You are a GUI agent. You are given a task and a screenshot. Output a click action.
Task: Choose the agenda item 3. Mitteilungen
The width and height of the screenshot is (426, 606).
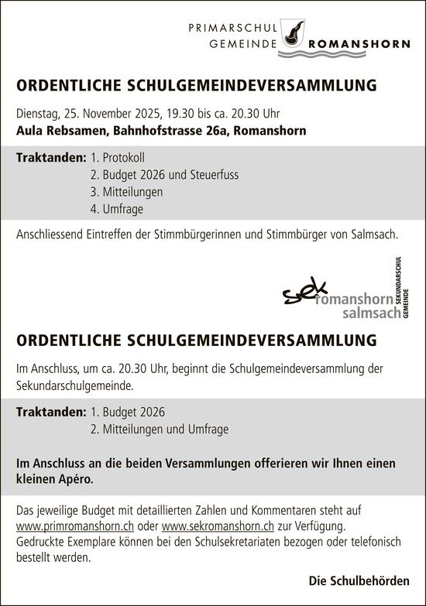pyautogui.click(x=126, y=192)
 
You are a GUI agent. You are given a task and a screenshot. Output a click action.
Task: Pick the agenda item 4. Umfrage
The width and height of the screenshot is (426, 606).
pyautogui.click(x=117, y=209)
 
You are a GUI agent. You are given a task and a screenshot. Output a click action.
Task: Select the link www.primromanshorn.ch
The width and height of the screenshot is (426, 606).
pyautogui.click(x=75, y=526)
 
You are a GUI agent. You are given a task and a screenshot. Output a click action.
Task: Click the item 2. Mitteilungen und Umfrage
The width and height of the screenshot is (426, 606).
pyautogui.click(x=160, y=429)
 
